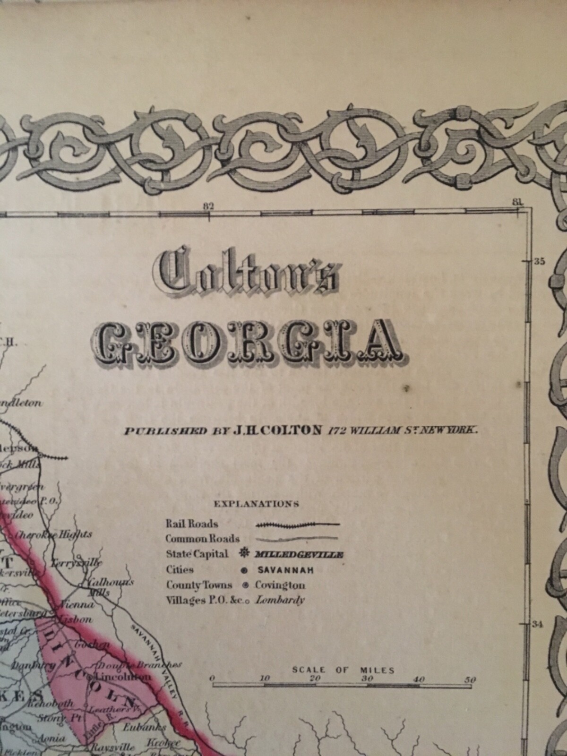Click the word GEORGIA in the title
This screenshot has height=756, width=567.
pyautogui.click(x=250, y=339)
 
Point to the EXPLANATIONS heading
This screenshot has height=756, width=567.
pyautogui.click(x=256, y=504)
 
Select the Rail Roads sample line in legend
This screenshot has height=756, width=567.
pyautogui.click(x=298, y=524)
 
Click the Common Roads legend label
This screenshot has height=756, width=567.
pyautogui.click(x=202, y=539)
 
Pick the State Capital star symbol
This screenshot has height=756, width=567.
pyautogui.click(x=244, y=554)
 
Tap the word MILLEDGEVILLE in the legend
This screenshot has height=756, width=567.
pyautogui.click(x=299, y=554)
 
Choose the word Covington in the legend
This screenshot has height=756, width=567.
pyautogui.click(x=280, y=585)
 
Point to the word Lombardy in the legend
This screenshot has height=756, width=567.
pyautogui.click(x=280, y=600)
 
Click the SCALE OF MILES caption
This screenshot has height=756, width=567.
pyautogui.click(x=343, y=670)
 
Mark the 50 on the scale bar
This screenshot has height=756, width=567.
pyautogui.click(x=470, y=679)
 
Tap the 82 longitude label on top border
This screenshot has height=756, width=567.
pyautogui.click(x=208, y=206)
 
